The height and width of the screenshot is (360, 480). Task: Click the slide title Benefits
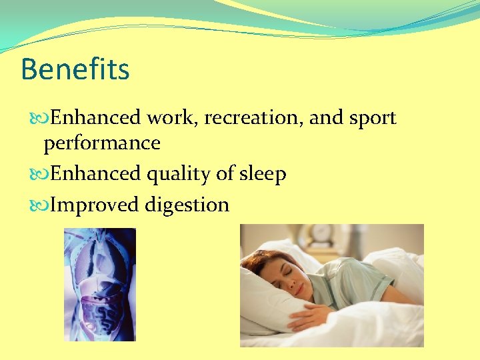[75, 69]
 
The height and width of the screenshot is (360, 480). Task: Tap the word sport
[371, 118]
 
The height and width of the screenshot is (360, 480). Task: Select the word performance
[102, 143]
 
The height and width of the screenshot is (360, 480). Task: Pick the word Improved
[95, 205]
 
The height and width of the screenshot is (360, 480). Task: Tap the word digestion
[187, 205]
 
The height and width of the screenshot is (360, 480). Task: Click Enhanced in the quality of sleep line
[95, 174]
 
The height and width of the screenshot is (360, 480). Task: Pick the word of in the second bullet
[225, 174]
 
